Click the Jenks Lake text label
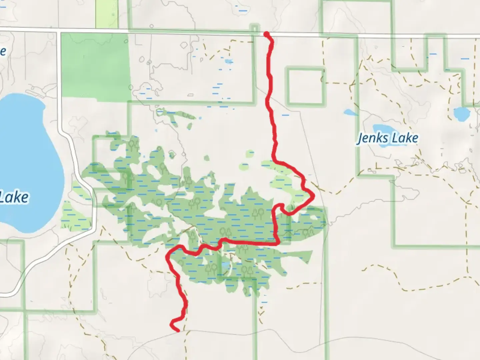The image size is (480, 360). pos(387,138)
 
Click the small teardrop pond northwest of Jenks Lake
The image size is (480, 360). pos(350,112)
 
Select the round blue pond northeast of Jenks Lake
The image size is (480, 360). pos(461,114)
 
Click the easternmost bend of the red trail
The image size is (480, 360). pos(313,197)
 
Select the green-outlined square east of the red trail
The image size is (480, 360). pos(305,86)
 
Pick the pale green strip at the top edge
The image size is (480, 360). pos(107,13)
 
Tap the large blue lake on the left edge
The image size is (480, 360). pos(27,160)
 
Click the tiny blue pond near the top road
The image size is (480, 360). pos(229,62)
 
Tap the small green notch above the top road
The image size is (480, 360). pos(255,28)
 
